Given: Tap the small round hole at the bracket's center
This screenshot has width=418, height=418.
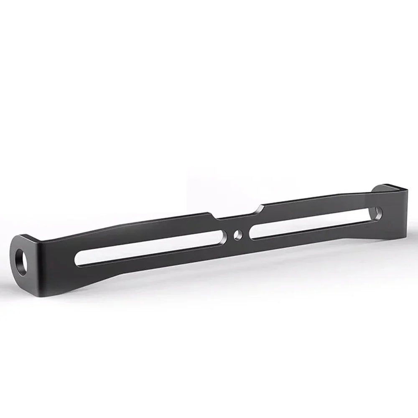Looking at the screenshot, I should point(238,235).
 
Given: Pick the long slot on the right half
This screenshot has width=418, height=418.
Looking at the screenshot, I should point(313,222).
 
